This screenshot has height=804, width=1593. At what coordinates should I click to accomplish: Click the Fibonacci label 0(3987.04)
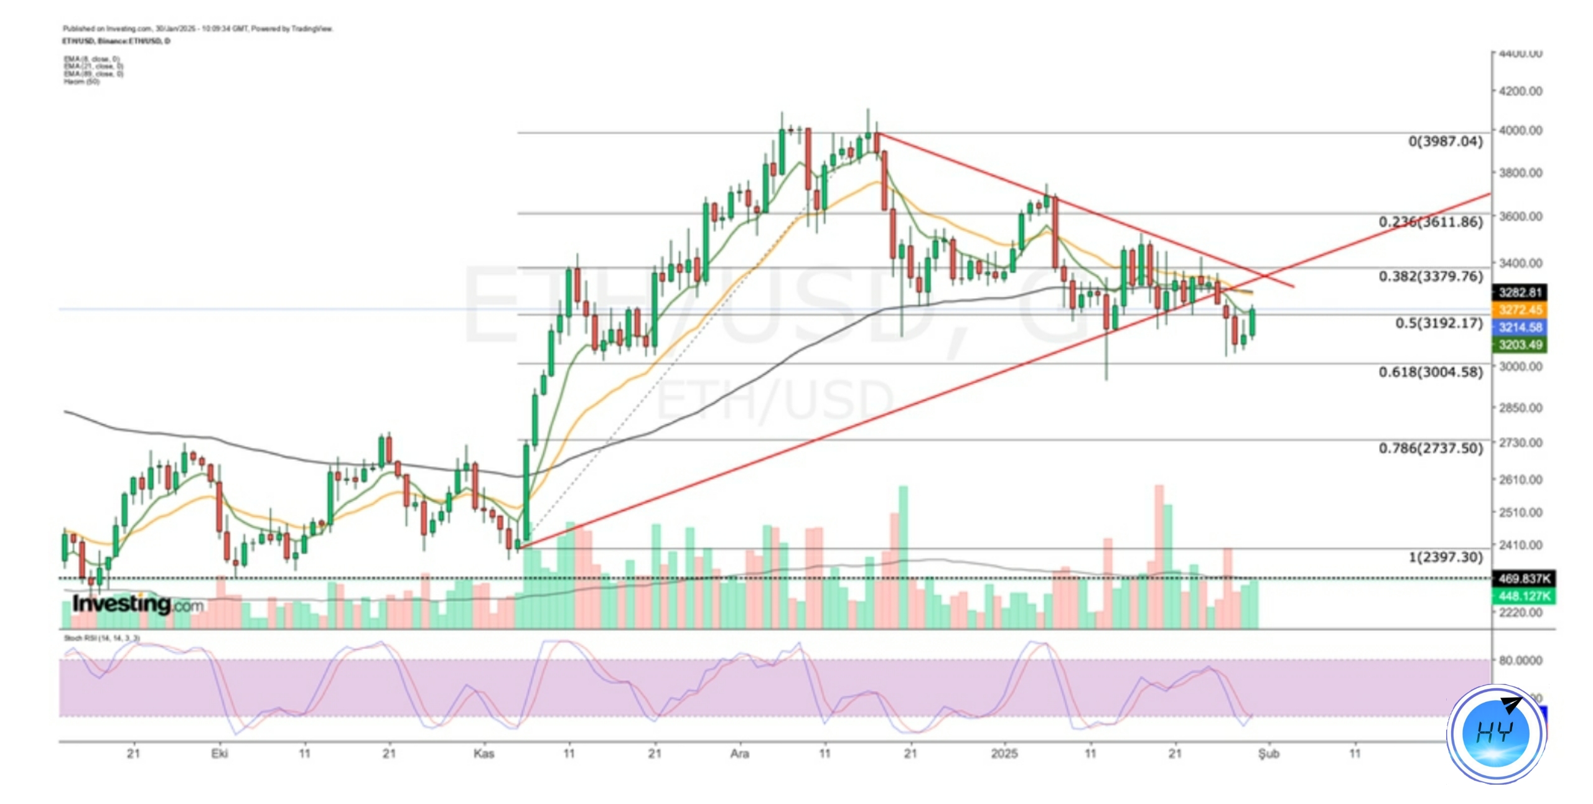(1445, 141)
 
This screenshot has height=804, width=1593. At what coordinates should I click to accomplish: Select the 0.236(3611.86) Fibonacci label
(1430, 222)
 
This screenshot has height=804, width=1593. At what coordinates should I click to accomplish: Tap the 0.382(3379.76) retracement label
(1430, 276)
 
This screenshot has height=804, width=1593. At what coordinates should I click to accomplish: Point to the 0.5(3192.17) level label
(1439, 323)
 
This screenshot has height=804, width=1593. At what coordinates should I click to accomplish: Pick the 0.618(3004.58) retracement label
(1430, 372)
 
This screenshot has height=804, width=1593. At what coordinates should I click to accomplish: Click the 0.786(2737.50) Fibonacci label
(1430, 448)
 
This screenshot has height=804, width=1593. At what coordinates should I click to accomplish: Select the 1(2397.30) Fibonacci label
(1445, 557)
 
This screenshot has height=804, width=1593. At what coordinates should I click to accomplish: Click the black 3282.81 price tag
(1520, 292)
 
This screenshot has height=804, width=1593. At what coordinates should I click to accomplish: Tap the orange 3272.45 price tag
(1520, 310)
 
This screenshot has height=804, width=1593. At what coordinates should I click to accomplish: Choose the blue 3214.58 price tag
(1520, 327)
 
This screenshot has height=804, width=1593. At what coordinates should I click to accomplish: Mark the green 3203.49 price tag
(1520, 345)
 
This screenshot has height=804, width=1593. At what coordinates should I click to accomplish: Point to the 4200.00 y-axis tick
(1520, 91)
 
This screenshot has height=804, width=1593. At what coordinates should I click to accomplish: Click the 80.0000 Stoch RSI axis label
(1520, 660)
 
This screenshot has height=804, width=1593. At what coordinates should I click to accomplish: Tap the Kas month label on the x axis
(484, 754)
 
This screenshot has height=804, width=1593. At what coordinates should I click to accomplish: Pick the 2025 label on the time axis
(1004, 754)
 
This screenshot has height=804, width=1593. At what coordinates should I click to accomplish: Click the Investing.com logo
(138, 604)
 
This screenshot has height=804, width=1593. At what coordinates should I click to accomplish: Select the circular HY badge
(1496, 734)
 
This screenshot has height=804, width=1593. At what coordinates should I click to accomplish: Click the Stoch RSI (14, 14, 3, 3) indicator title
(101, 638)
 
